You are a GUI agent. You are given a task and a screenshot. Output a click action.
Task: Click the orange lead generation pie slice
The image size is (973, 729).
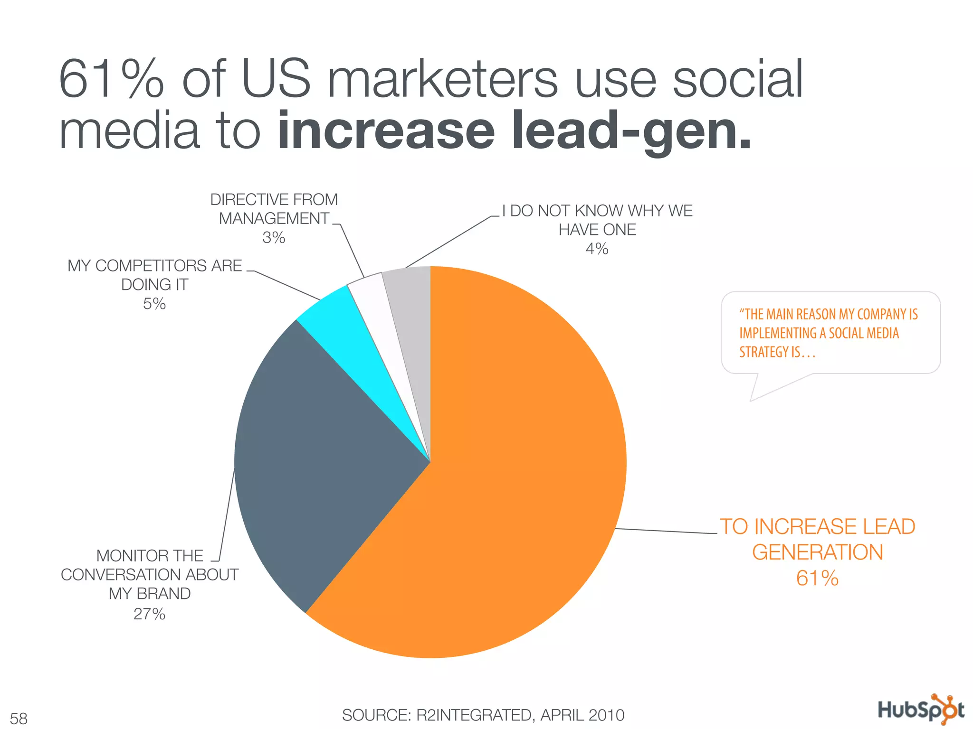(x=513, y=475)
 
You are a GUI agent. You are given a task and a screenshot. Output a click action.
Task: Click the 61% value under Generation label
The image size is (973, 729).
(x=817, y=578)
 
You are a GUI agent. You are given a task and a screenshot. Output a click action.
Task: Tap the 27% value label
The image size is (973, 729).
(x=149, y=614)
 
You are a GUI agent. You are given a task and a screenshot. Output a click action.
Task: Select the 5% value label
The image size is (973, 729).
(x=154, y=304)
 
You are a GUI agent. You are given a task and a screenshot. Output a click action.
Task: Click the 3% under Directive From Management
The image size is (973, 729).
(x=274, y=237)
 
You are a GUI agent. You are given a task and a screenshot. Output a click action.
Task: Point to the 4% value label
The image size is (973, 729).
(x=597, y=249)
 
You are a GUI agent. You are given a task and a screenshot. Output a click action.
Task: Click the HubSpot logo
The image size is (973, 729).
(x=921, y=710)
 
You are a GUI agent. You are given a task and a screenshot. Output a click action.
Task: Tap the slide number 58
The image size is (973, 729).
(x=19, y=718)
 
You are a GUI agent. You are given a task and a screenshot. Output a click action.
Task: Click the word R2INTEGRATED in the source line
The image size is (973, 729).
(x=474, y=715)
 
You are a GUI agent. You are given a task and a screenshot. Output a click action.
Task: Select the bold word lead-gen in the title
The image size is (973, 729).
(x=632, y=131)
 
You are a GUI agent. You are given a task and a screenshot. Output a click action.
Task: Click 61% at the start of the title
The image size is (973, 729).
(x=112, y=78)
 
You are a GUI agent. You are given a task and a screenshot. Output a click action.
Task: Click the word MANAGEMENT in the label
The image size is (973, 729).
(x=274, y=218)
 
